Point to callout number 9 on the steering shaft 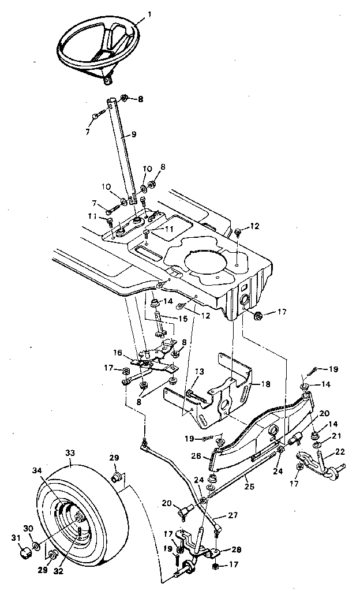point(133,134)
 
